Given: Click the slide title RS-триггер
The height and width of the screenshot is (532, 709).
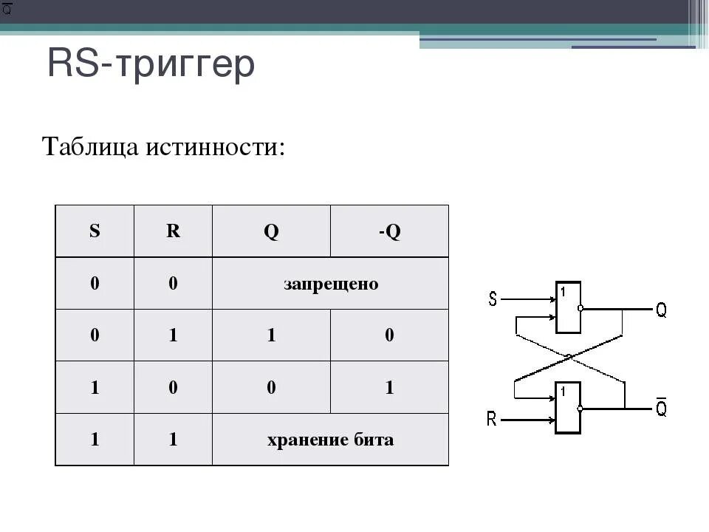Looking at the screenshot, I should [x=151, y=65].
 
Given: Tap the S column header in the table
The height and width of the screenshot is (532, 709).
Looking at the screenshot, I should [x=95, y=231].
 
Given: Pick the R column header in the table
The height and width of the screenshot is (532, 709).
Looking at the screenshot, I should [x=173, y=231].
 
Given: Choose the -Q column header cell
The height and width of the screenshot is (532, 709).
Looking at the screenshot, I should [x=389, y=231].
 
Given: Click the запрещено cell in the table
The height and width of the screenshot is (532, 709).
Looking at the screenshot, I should [x=330, y=284].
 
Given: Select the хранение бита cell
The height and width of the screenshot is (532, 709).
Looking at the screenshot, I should [x=330, y=440].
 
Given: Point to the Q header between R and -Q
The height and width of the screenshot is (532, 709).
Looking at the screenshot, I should [x=271, y=231].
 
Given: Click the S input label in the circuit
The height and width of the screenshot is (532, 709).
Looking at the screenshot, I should [x=493, y=300].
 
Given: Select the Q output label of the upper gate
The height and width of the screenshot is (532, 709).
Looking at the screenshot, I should [x=661, y=310].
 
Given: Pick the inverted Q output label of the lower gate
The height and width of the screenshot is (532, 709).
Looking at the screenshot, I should [x=661, y=409].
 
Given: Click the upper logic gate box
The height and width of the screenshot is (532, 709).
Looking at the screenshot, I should [x=568, y=307].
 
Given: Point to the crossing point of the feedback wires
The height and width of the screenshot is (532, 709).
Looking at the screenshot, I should [x=569, y=358].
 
